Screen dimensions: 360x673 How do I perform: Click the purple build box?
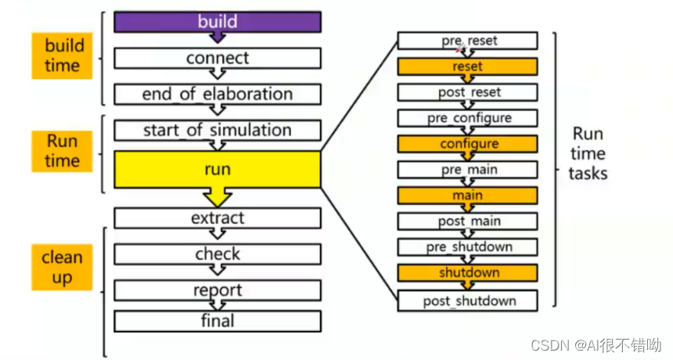tap(217, 22)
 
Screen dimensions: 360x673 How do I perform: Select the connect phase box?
tap(217, 58)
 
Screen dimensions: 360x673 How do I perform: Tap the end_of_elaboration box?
tap(217, 94)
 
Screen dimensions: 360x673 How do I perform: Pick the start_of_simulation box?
tap(217, 130)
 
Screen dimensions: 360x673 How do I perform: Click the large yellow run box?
tap(217, 170)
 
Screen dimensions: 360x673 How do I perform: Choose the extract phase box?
tap(217, 218)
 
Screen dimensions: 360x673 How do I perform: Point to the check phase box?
tap(217, 254)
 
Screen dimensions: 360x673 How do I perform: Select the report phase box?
tap(217, 290)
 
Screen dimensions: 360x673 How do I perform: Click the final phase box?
tap(217, 321)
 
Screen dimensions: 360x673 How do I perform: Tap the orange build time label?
tap(62, 56)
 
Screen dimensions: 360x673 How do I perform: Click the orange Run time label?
tap(62, 151)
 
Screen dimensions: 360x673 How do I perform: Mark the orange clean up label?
tap(62, 267)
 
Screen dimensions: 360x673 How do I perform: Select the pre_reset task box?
tap(467, 41)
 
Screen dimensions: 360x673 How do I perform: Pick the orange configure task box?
tap(467, 144)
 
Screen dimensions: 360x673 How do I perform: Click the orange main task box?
tap(467, 196)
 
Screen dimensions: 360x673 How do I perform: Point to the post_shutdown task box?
tap(467, 301)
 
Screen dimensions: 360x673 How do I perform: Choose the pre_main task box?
tap(467, 170)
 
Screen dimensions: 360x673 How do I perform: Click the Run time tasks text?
tap(588, 153)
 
